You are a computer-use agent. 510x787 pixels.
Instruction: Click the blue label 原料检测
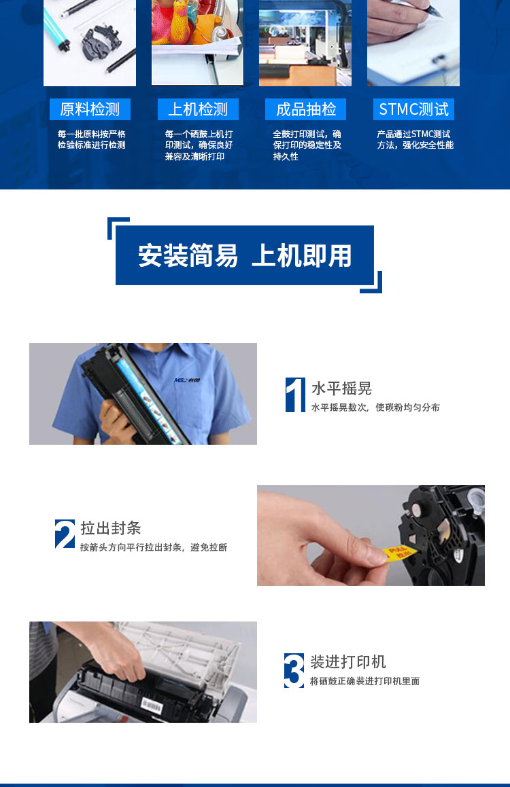[x=90, y=109]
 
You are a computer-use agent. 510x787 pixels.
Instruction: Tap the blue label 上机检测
[x=198, y=109]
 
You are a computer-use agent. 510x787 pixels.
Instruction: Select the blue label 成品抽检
[x=305, y=109]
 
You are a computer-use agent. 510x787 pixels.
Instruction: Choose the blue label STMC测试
[x=413, y=109]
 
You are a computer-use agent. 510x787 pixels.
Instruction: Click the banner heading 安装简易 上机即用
[x=245, y=255]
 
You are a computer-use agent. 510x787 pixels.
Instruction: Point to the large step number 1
[x=295, y=395]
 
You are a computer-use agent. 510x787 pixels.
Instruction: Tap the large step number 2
[x=65, y=534]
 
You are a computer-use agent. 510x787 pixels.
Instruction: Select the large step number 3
[x=294, y=671]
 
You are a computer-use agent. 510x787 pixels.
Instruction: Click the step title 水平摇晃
[x=341, y=388]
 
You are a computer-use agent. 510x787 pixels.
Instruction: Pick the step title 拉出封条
[x=111, y=528]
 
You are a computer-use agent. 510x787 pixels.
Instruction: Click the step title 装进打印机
[x=348, y=661]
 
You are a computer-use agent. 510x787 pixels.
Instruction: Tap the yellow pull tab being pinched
[x=397, y=554]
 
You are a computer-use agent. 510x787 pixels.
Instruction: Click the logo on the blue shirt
[x=188, y=380]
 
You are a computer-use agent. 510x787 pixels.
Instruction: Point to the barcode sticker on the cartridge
[x=151, y=706]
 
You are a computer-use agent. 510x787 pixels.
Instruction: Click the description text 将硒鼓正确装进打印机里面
[x=364, y=681]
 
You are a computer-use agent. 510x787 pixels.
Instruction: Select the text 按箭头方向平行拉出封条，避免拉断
[x=154, y=547]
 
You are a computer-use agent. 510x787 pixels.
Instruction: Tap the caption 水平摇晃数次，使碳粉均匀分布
[x=375, y=407]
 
